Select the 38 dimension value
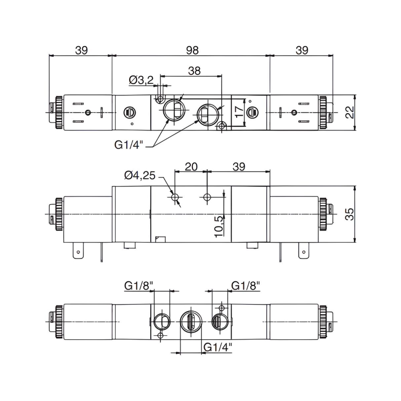[x=194, y=71]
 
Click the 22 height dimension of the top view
[x=349, y=112]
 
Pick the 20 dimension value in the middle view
[x=192, y=166]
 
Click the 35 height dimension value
[x=349, y=214]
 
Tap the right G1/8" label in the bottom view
[x=245, y=286]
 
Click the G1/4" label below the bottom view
[x=217, y=347]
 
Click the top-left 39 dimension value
[x=81, y=50]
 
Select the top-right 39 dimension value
[x=302, y=50]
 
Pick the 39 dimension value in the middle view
[x=238, y=166]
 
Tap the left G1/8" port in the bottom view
[x=160, y=321]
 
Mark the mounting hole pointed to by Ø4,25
[x=175, y=197]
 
